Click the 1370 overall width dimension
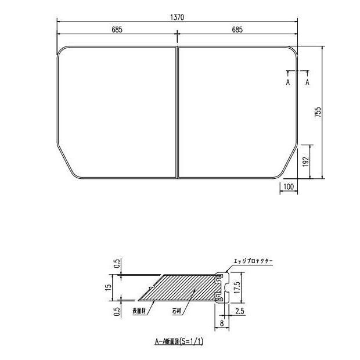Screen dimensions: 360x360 click(177, 17)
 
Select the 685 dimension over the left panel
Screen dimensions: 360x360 click(117, 30)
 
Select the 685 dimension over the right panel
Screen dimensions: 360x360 click(237, 30)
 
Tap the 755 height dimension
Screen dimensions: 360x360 click(318, 113)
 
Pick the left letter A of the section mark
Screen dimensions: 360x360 click(287, 82)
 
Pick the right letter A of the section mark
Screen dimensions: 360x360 click(307, 82)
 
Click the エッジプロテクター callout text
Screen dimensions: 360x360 click(252, 262)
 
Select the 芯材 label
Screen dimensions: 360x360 click(176, 311)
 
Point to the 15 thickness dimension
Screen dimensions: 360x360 click(117, 288)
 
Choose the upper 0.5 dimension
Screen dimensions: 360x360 click(117, 264)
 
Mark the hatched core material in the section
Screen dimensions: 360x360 click(186, 287)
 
